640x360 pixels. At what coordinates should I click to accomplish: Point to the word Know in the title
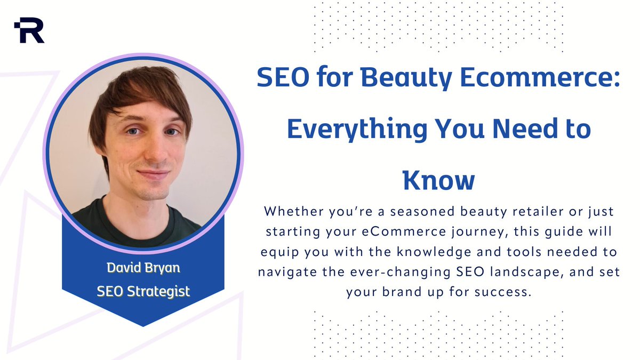click(x=438, y=180)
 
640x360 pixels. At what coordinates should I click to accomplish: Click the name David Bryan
click(x=143, y=267)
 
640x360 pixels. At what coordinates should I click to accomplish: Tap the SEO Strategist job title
click(x=143, y=292)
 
